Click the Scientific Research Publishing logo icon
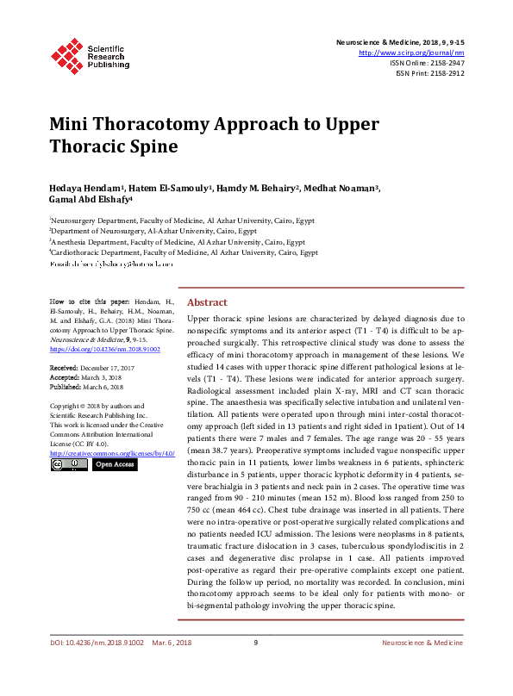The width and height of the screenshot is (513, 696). coord(67,53)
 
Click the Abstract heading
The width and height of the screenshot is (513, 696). coord(207,302)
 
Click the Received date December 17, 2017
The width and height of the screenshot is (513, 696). coord(111,368)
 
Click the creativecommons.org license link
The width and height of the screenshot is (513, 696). coord(112,453)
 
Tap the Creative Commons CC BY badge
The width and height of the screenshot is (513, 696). coord(68,465)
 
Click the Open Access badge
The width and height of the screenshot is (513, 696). coord(114,465)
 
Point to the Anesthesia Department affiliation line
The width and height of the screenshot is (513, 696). coord(178,242)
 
